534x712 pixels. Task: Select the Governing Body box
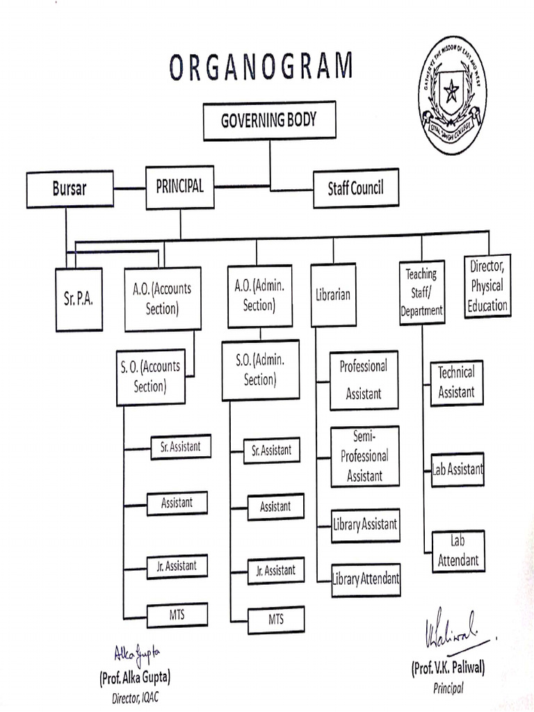tap(269, 120)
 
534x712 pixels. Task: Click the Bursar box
tap(70, 188)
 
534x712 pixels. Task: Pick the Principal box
tap(180, 187)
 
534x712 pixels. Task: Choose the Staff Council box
tap(355, 188)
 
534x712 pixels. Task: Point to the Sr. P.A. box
tap(79, 299)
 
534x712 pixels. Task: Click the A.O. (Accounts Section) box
tap(163, 299)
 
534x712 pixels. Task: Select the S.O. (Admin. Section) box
tap(260, 370)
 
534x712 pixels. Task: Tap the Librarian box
tap(333, 295)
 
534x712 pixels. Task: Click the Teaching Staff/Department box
tap(421, 293)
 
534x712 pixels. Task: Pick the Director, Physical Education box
tap(487, 286)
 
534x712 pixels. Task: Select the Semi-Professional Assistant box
tap(365, 456)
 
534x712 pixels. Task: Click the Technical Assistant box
tap(456, 382)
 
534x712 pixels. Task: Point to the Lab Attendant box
tap(458, 551)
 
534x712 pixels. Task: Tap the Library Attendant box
tap(366, 578)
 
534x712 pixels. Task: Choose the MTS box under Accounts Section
tap(177, 613)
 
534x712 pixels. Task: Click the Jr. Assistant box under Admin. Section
tap(275, 570)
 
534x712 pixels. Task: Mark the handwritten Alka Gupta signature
tap(137, 653)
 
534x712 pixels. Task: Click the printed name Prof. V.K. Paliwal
tap(448, 668)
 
